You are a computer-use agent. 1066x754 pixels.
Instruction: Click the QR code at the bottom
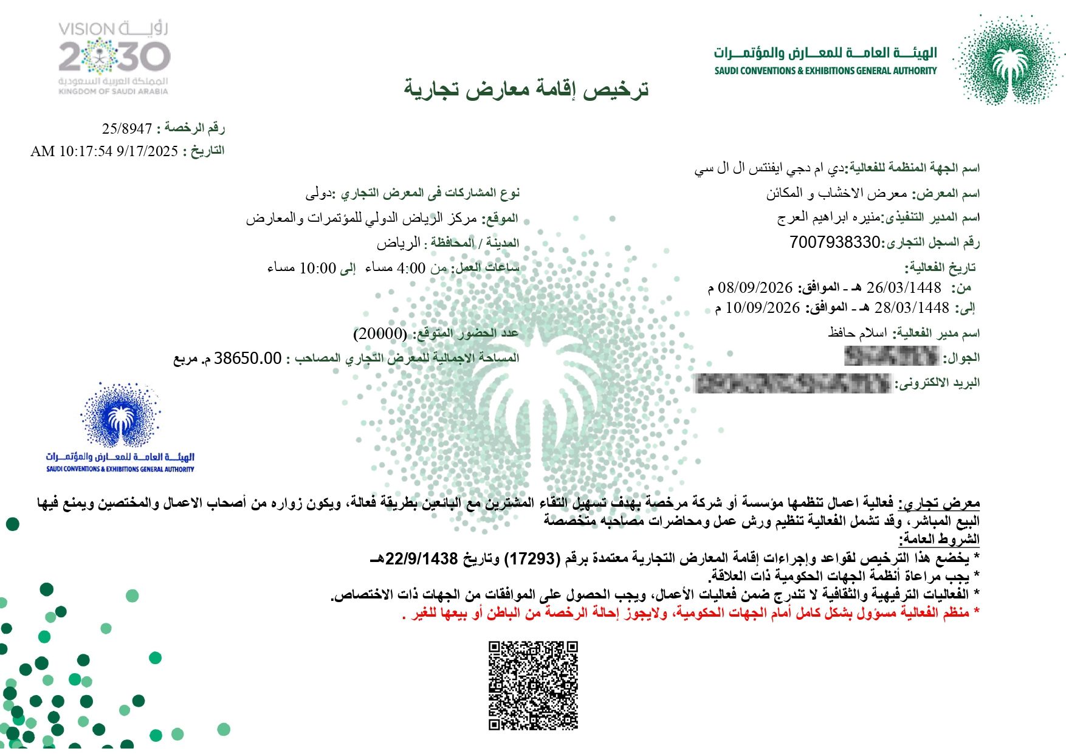point(533,685)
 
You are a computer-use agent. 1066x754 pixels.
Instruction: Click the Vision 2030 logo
point(114,58)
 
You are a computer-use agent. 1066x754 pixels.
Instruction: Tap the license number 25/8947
point(127,129)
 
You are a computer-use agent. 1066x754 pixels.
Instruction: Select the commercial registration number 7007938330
point(834,242)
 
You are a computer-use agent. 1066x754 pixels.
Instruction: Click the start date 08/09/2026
point(755,287)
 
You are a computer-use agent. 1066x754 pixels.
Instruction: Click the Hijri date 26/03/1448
point(903,287)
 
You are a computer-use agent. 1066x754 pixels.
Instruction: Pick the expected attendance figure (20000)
point(380,334)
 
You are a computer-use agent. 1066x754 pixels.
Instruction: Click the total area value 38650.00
point(247,358)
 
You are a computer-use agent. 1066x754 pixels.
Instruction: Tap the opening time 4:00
point(411,268)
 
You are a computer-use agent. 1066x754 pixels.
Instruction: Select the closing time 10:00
point(318,268)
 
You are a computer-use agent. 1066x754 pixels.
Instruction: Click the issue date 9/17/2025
point(147,151)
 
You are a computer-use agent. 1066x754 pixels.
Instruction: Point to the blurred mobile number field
point(892,356)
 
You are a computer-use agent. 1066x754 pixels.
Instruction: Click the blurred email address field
point(792,383)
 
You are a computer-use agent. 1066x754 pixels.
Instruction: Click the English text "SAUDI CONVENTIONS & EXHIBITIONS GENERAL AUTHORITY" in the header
point(825,71)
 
